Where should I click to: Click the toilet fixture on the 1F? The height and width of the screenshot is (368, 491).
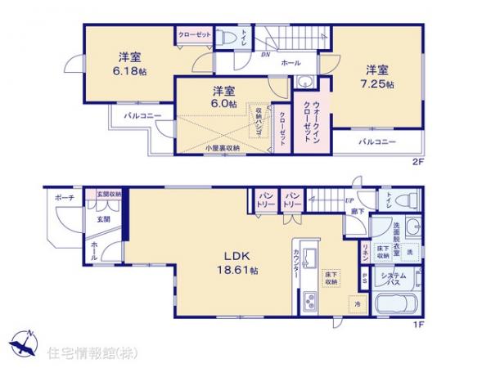coord(408,200)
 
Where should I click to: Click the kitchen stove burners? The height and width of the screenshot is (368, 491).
coord(309,301)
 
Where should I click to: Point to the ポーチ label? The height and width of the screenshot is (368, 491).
coord(65,198)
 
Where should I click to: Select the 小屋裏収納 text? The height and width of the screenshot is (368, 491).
coord(223,148)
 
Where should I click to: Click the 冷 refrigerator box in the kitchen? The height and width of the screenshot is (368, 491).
coord(357,305)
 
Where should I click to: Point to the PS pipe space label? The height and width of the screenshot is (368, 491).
coord(364,278)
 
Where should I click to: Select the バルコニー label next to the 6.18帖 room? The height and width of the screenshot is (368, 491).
coord(142,117)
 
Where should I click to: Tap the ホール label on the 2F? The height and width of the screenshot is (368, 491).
coord(291,63)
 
